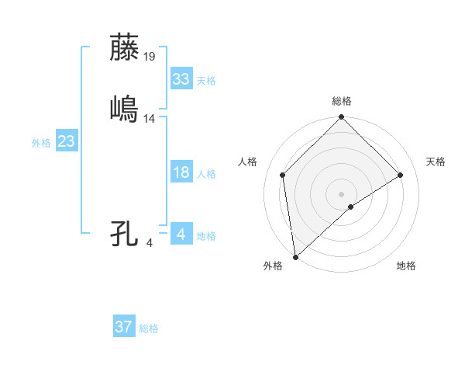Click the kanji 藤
[x=125, y=48]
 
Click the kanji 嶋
[x=125, y=109]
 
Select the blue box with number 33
[x=181, y=79]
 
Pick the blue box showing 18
[x=181, y=172]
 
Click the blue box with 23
[x=66, y=141]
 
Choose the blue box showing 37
[x=123, y=327]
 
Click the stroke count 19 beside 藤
[x=150, y=56]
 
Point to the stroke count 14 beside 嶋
[x=150, y=118]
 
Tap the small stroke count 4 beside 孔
[x=150, y=243]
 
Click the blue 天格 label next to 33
[x=206, y=81]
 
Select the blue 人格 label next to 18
[x=206, y=174]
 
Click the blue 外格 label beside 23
[x=41, y=143]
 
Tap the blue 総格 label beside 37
[x=149, y=328]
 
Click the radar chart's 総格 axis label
[x=342, y=101]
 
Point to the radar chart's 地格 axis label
[x=406, y=266]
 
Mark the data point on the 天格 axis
[x=401, y=175]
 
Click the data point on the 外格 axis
[x=295, y=256]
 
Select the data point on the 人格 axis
[x=283, y=175]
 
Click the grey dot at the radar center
[x=342, y=193]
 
